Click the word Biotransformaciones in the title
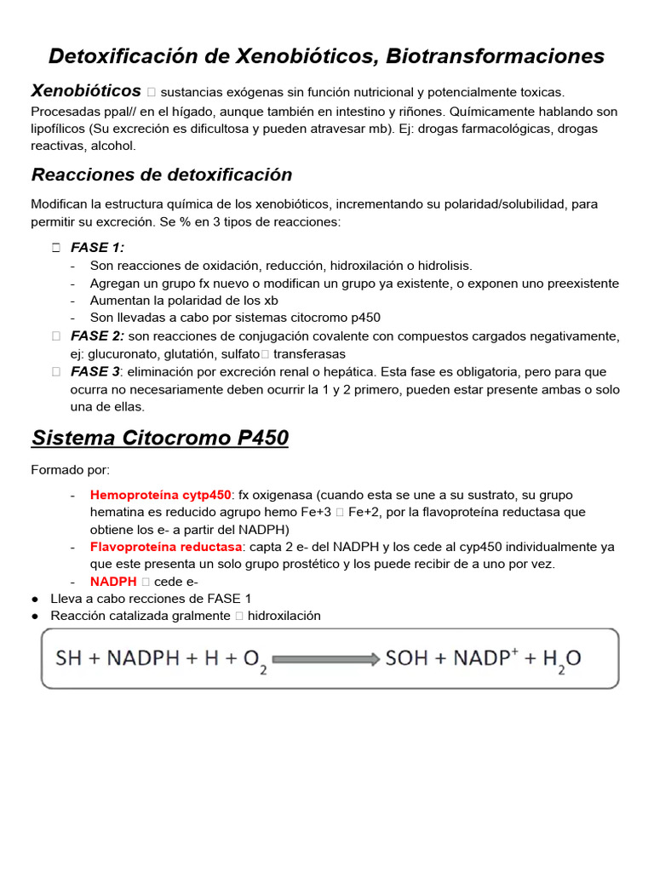(x=495, y=56)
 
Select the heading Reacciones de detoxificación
(x=161, y=175)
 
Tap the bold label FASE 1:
(x=97, y=247)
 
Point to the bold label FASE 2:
(x=97, y=336)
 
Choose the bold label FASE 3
(x=95, y=371)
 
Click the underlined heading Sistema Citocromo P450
(x=159, y=439)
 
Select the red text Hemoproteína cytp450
(x=160, y=494)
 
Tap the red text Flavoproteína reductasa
(x=166, y=547)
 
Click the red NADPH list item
(x=113, y=582)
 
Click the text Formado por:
(x=71, y=470)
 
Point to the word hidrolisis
(x=443, y=266)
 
